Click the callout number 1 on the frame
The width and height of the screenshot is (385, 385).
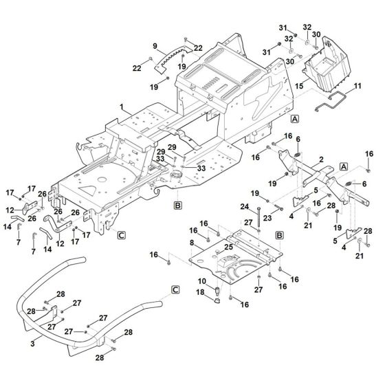pyautogui.click(x=121, y=108)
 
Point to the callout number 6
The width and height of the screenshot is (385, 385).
pyautogui.click(x=298, y=140)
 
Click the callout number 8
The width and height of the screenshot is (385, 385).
pyautogui.click(x=192, y=243)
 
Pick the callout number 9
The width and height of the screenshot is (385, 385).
pyautogui.click(x=156, y=47)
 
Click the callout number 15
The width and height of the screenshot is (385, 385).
pyautogui.click(x=299, y=85)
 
